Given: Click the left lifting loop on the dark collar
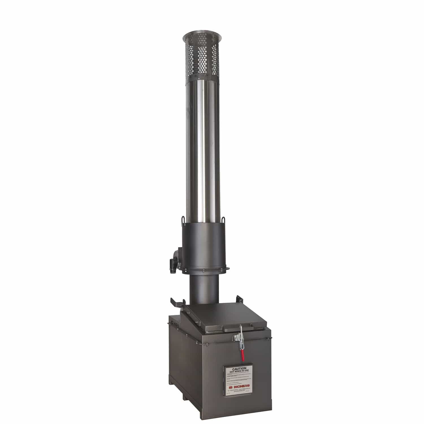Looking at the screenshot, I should (183, 219).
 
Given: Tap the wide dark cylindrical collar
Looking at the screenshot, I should (204, 243).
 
